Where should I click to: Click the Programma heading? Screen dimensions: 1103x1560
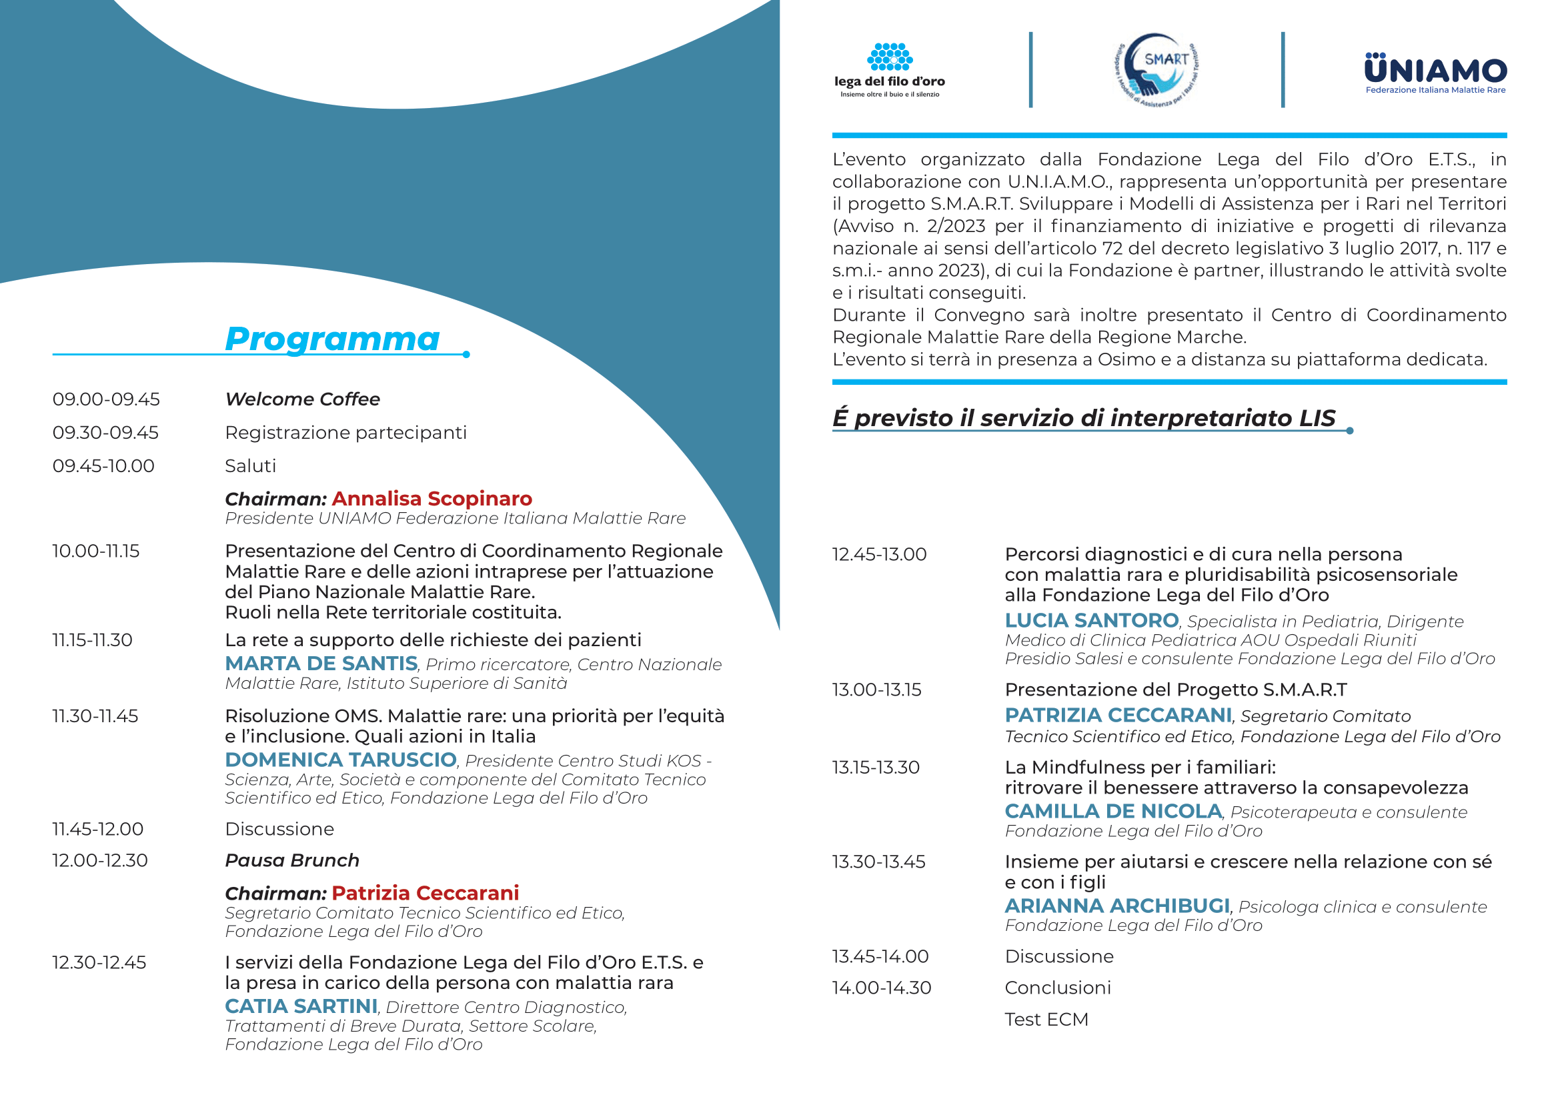[332, 339]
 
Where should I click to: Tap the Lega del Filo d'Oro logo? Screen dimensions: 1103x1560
[890, 70]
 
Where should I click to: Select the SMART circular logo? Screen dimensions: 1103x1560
[1156, 70]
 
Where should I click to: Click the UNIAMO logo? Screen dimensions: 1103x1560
[1435, 73]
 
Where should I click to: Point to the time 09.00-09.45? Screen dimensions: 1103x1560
[106, 399]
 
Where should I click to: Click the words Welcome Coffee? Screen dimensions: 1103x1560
[302, 399]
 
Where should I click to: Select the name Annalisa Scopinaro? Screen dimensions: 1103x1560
[432, 499]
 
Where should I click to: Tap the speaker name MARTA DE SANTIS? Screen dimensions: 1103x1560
[321, 664]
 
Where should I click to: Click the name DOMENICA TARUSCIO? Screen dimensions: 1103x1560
[340, 760]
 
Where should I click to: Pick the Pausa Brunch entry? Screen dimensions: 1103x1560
[292, 860]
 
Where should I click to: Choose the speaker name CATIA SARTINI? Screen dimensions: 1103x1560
[301, 1006]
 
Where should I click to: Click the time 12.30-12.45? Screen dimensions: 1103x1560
[99, 962]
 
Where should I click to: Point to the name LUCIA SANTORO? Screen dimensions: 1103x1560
[1091, 621]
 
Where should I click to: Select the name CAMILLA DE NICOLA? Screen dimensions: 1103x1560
[1113, 812]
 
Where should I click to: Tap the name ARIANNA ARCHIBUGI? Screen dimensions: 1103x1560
[1117, 906]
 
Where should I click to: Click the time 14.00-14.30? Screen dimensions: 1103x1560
[881, 988]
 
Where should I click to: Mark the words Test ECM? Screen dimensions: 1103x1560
[1046, 1020]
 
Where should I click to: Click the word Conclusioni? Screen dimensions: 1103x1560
[1057, 988]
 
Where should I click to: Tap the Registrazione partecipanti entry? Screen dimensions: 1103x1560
[346, 433]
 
